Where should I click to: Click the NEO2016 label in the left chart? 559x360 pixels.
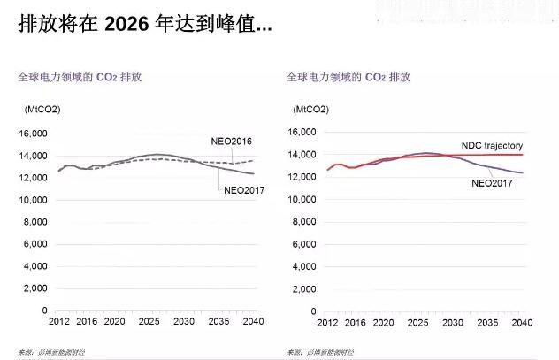(x=233, y=142)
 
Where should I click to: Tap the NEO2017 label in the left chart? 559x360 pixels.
(x=243, y=189)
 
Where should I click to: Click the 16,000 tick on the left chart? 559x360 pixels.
(x=32, y=134)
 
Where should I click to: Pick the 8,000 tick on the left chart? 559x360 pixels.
(x=34, y=222)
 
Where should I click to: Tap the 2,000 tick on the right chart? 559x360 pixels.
(x=303, y=288)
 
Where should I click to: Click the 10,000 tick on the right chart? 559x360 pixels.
(x=301, y=199)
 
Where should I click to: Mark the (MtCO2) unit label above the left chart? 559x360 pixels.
(x=41, y=109)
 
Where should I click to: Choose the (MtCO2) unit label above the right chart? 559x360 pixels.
(x=310, y=109)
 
